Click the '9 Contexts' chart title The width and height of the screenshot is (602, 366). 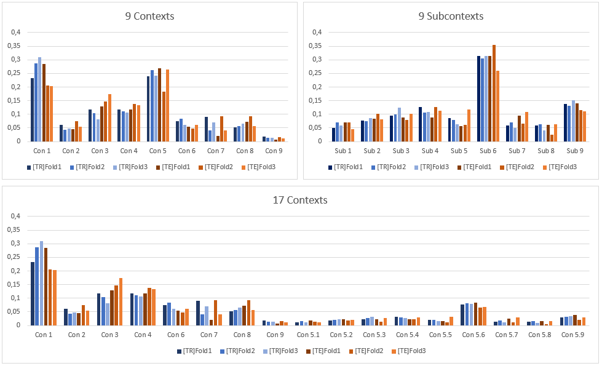coord(149,16)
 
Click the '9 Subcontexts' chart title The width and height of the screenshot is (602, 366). coord(451,16)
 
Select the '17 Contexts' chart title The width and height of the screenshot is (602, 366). coord(300,200)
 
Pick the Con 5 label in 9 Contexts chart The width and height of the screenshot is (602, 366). coord(159,151)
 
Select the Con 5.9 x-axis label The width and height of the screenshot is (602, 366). coord(573,335)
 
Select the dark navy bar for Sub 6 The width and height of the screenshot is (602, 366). coord(478,98)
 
